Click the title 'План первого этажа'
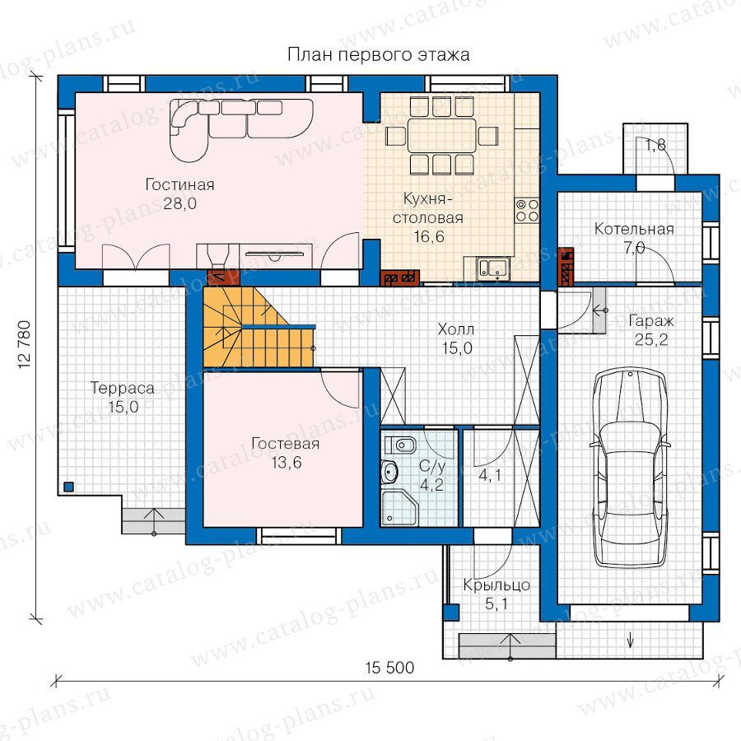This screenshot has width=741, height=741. pos(379,55)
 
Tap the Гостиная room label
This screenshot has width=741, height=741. pos(179,184)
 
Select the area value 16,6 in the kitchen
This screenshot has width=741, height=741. pos(429,236)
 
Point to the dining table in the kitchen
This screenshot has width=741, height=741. pos(442,135)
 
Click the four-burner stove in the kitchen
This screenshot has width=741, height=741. pos(527,210)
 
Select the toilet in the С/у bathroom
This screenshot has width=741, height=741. pos(400,445)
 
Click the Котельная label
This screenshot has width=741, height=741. pos(634,229)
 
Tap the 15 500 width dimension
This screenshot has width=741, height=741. pos(389,668)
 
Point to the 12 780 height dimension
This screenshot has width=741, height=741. pos(24,345)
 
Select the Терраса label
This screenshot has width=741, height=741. pos(123,389)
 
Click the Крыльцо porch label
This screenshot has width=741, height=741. pos(496,585)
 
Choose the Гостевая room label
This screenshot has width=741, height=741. pos(286,444)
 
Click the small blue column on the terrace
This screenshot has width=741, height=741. pos(69,487)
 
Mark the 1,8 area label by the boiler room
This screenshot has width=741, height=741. pos(655,145)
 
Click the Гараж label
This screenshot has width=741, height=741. pos(650,322)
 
